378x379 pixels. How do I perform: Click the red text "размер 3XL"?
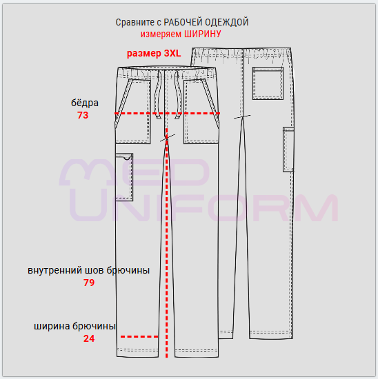tap(154, 54)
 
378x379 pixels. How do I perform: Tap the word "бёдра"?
tap(85, 103)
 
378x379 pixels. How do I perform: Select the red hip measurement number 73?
tap(83, 115)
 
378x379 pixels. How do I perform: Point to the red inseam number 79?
tap(89, 283)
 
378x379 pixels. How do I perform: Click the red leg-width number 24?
tap(89, 338)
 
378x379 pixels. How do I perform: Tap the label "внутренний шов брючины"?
tap(88, 270)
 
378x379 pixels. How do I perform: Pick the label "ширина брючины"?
tap(74, 327)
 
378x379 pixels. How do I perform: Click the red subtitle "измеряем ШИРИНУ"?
tap(181, 34)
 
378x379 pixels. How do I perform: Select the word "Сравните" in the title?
tap(135, 23)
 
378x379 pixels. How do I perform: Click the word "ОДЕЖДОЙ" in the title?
tap(227, 22)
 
